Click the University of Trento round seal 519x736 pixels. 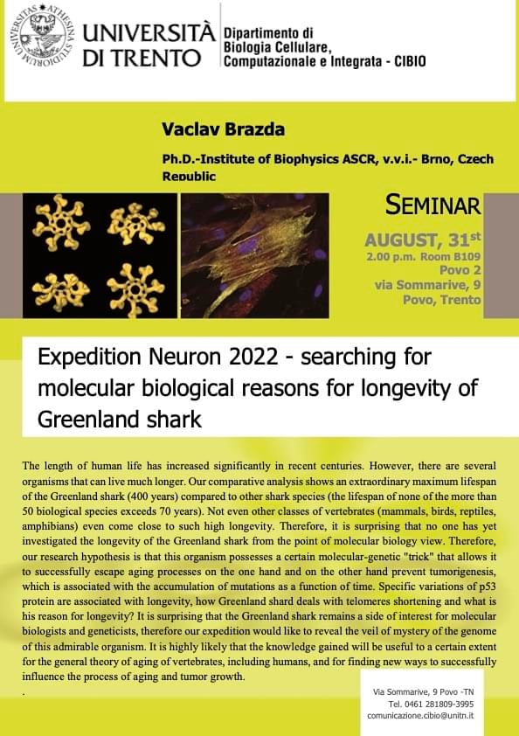tap(41, 35)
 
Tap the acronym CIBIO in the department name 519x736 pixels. tap(410, 61)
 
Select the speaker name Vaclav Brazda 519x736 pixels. tap(223, 129)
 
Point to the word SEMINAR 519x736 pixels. tap(432, 205)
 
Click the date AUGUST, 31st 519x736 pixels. tap(423, 240)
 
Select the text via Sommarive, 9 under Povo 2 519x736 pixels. tap(427, 285)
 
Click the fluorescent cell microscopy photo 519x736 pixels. tap(255, 256)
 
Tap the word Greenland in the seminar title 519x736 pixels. tap(89, 420)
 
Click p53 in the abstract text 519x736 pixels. tap(488, 587)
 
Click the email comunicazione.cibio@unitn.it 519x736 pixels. tap(420, 716)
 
